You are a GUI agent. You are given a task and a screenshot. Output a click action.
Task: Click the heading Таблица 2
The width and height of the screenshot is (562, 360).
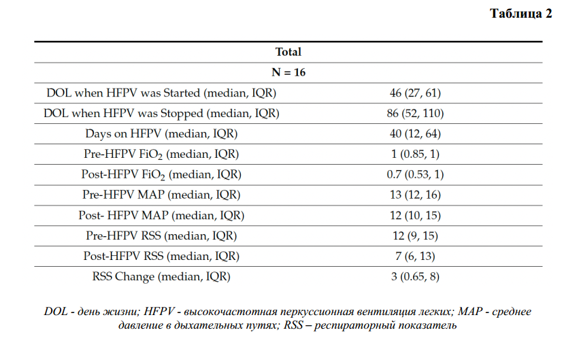(520, 13)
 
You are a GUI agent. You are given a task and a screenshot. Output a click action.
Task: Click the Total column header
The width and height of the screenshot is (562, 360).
(288, 52)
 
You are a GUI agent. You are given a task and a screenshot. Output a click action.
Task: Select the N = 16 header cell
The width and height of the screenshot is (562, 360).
(288, 72)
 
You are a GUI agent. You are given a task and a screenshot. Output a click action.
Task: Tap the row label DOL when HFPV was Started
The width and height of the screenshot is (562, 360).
(161, 93)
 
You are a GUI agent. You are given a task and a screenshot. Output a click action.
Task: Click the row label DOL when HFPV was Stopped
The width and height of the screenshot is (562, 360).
(161, 114)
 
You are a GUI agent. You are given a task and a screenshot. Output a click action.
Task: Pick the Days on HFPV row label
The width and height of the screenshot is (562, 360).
(161, 134)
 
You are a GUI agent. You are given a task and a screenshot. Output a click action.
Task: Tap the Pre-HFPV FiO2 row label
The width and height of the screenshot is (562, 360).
(161, 154)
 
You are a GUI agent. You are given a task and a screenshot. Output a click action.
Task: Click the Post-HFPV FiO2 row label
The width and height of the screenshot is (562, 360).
(161, 175)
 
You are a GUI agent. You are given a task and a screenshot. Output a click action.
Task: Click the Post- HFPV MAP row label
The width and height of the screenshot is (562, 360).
(161, 216)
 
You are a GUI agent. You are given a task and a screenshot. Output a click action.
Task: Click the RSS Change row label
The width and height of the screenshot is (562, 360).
(161, 276)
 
